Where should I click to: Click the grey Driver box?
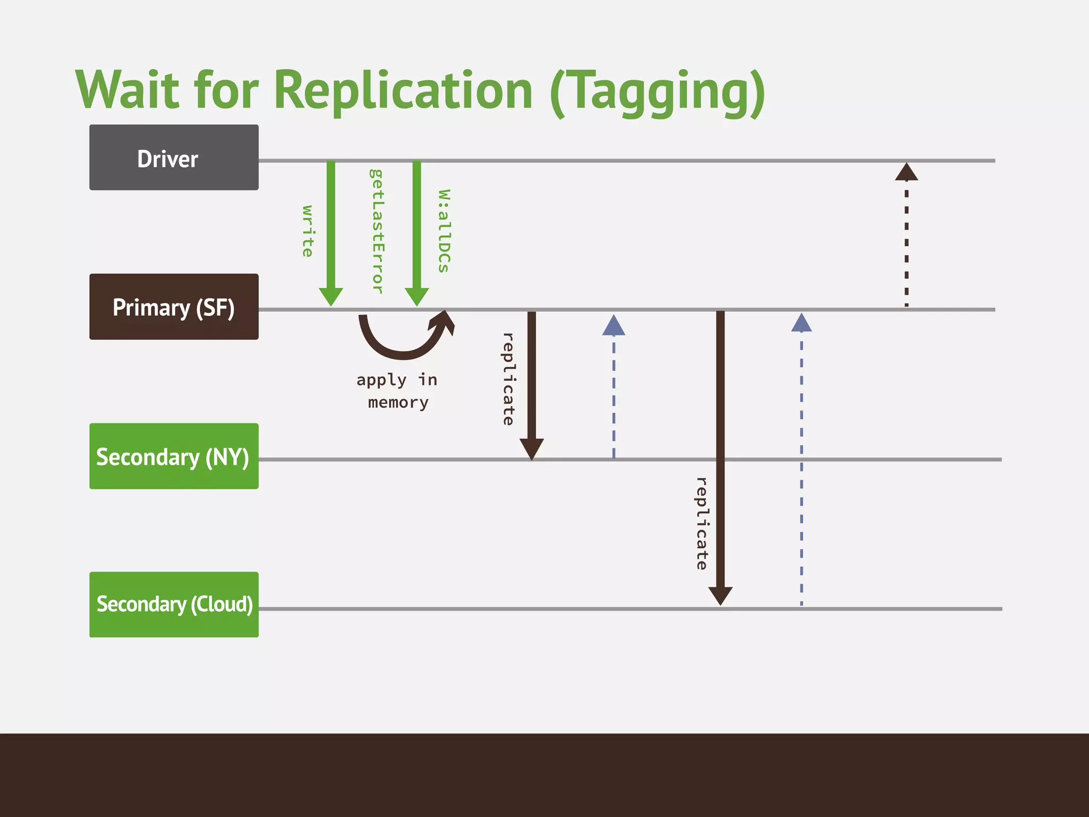click(x=174, y=157)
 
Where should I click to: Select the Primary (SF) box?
click(x=174, y=307)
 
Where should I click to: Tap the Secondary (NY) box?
click(x=174, y=456)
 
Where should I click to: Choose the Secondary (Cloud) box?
click(x=174, y=605)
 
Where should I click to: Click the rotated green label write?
click(x=308, y=231)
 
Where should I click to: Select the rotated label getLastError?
click(x=376, y=231)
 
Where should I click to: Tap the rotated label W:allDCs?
click(x=444, y=231)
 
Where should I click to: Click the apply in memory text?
click(x=397, y=391)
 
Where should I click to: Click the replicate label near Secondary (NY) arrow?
click(x=508, y=379)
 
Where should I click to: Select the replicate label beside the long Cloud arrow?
click(x=702, y=523)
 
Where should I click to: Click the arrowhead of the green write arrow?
click(x=331, y=297)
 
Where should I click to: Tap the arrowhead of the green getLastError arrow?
click(x=417, y=297)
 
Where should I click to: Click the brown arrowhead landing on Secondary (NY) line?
click(x=532, y=448)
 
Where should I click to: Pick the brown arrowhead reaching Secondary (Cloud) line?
click(x=721, y=596)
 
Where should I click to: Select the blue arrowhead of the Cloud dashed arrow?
click(x=801, y=323)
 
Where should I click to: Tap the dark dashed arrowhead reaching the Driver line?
click(x=907, y=172)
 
